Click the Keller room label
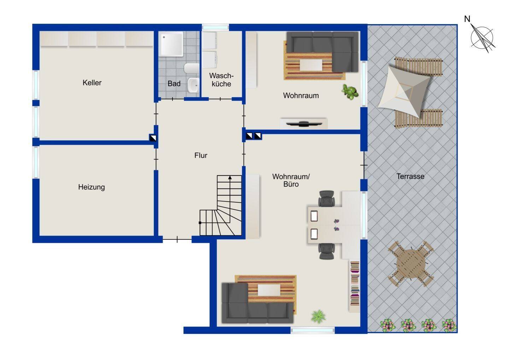pos(92,83)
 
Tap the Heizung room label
pos(91,187)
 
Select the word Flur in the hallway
pos(201,156)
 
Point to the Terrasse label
pos(410,176)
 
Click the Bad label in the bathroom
pos(174,84)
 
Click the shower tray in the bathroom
pos(171,44)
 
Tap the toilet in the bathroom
pos(192,68)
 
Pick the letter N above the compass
pos(467,19)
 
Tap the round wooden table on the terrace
pos(411,264)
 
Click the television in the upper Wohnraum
pos(304,124)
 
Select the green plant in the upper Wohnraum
pos(350,92)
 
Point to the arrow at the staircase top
pos(230,178)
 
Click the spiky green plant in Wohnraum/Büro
pos(318,317)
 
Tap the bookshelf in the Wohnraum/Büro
pos(355,286)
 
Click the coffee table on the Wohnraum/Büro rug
pos(269,290)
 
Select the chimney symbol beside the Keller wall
pos(153,138)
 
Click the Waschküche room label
pos(221,80)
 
